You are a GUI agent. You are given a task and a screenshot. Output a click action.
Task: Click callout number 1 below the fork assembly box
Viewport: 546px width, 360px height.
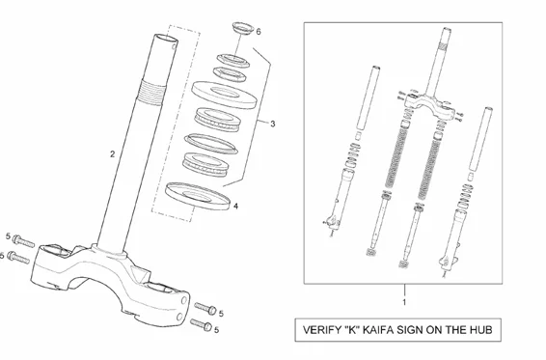pos(404,302)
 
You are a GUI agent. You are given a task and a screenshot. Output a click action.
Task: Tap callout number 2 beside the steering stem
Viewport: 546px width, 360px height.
pos(112,153)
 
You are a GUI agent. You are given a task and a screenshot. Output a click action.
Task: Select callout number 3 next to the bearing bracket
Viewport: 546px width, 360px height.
pos(273,124)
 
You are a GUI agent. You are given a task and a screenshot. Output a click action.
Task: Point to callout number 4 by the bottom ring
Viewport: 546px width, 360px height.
pos(235,206)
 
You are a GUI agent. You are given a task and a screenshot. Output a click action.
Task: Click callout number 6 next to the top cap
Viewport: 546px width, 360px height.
pos(258,32)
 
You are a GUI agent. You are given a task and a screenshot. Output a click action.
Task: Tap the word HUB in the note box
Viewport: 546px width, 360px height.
pos(481,330)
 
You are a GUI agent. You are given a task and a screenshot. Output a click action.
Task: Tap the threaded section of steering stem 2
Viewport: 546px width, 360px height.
pos(152,92)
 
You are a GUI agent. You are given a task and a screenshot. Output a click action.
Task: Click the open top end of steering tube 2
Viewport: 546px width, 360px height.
pos(166,38)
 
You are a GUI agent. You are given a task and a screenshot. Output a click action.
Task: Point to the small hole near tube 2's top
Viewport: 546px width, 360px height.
pos(174,46)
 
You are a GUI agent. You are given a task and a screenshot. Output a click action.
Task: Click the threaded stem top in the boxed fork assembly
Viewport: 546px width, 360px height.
pos(444,45)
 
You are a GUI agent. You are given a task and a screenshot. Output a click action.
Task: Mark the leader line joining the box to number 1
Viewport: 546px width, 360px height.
pos(404,291)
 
